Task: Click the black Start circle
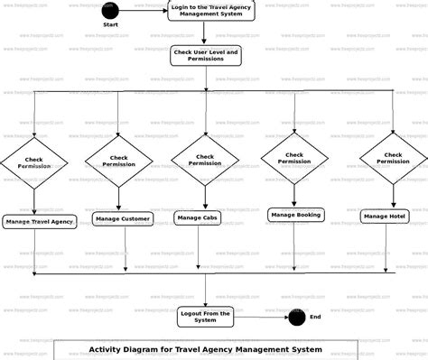coord(110,11)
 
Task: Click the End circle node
coord(296,317)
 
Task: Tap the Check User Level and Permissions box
coord(206,56)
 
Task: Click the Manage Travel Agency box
coord(39,221)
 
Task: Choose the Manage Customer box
coord(123,218)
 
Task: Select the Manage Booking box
coord(295,215)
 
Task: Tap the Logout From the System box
coord(206,316)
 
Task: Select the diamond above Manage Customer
coord(119,162)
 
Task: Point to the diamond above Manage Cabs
coord(205,160)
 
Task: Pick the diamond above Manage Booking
coord(294,158)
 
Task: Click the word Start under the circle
coord(110,24)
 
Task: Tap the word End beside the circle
coord(315,317)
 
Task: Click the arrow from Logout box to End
coord(261,317)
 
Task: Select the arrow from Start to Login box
coord(142,11)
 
